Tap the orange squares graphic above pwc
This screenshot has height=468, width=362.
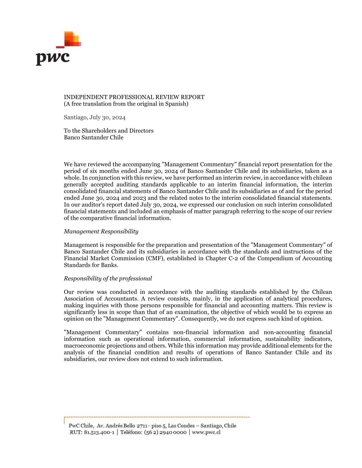[x=72, y=39]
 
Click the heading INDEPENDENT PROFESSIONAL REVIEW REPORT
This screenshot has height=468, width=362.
[x=134, y=97]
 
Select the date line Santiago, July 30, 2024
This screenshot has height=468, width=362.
[x=94, y=117]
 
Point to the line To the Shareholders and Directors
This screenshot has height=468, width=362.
[x=108, y=131]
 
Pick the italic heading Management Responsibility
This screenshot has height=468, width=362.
[x=101, y=231]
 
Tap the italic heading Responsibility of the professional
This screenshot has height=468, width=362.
[x=108, y=278]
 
